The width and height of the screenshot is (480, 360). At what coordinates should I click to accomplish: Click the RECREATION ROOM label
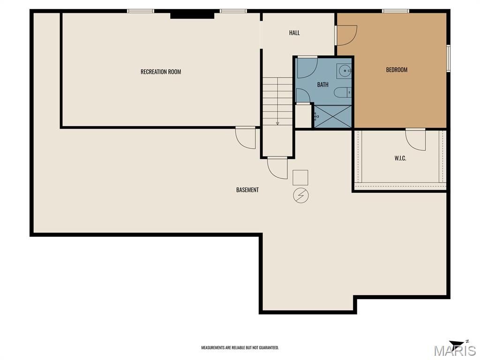point(161,72)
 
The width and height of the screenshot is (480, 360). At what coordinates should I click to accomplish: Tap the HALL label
point(294,33)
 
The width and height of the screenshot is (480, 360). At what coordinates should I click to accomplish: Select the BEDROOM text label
point(397,70)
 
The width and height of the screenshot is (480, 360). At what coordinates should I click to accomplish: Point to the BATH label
point(322,84)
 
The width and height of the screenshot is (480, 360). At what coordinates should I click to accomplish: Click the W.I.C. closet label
point(400,158)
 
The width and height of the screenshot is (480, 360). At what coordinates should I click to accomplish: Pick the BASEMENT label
point(247,190)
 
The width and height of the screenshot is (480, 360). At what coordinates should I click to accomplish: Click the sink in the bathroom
point(344,71)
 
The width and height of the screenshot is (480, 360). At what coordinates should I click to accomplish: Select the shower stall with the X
point(333,116)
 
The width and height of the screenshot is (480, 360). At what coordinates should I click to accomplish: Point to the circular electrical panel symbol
point(300,195)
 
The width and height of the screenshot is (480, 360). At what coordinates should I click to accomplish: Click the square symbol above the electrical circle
point(300,178)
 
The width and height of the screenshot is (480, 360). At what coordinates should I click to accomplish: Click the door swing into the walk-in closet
point(415,140)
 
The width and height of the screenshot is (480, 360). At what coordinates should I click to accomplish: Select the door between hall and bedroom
point(346,35)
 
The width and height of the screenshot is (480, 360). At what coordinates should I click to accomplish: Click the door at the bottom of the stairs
point(277,168)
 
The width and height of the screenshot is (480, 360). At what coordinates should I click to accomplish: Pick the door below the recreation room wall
point(245,138)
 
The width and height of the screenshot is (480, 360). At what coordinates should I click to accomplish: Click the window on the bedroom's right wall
point(448,59)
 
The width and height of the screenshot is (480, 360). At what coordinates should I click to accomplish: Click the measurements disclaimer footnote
point(240,348)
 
